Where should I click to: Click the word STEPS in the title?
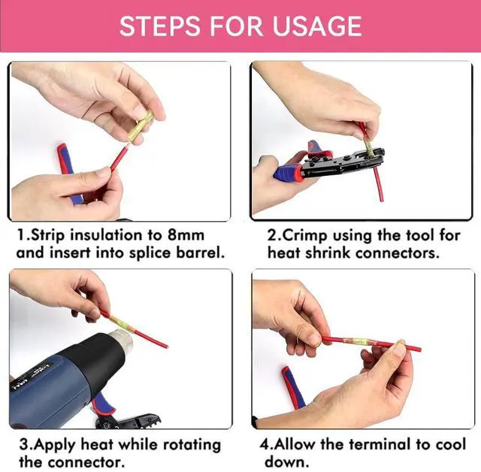[x=160, y=26]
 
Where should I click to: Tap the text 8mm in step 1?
[x=186, y=235]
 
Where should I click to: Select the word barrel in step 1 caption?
[x=201, y=253]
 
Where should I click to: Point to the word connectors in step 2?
[x=398, y=253]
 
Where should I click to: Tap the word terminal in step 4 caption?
[x=381, y=444]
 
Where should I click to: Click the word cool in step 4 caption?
[x=449, y=444]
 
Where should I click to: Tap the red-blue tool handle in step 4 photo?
[x=292, y=387]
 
